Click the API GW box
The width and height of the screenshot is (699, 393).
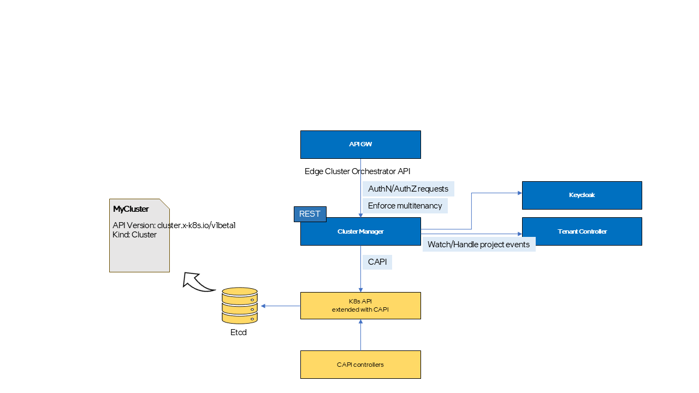pyautogui.click(x=360, y=145)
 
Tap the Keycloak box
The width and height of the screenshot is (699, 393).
pyautogui.click(x=582, y=195)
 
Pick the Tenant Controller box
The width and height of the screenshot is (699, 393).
pyautogui.click(x=582, y=231)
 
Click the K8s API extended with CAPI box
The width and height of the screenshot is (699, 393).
pyautogui.click(x=360, y=306)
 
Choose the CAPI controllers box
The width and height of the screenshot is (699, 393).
pyautogui.click(x=360, y=365)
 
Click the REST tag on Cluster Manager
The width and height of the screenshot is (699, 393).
pyautogui.click(x=310, y=214)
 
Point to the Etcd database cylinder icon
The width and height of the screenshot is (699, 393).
pyautogui.click(x=239, y=306)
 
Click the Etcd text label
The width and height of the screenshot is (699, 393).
pyautogui.click(x=239, y=332)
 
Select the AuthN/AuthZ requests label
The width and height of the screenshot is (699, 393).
pyautogui.click(x=408, y=189)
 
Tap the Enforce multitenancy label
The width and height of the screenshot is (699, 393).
pyautogui.click(x=405, y=206)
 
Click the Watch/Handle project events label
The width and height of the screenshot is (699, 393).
pyautogui.click(x=478, y=245)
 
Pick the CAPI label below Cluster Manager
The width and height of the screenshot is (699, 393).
pyautogui.click(x=377, y=262)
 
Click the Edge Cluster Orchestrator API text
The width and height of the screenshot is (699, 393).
pyautogui.click(x=357, y=171)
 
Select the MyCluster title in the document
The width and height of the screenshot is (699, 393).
pyautogui.click(x=131, y=209)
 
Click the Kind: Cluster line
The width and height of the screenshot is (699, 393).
pyautogui.click(x=134, y=235)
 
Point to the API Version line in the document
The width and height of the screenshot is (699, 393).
pyautogui.click(x=174, y=225)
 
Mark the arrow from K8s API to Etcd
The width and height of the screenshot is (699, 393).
pyautogui.click(x=281, y=306)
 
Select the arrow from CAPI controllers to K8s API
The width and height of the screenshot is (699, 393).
pyautogui.click(x=360, y=335)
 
